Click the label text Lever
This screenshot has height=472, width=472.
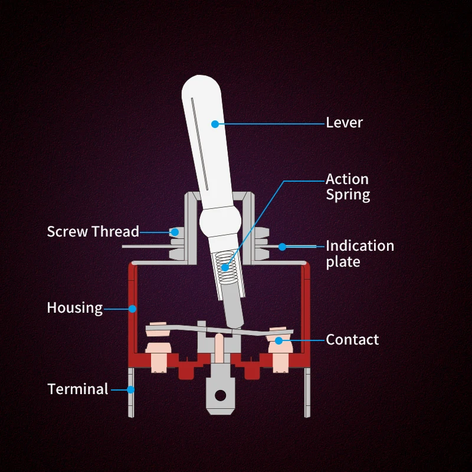coord(344,123)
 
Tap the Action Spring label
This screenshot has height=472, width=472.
coord(348,186)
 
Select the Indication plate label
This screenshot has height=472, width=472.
coord(359,253)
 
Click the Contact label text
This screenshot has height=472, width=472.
coord(352,339)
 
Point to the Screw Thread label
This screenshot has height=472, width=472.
coord(93,231)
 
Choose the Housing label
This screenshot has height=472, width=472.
coord(74,307)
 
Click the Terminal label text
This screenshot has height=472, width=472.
coord(78,389)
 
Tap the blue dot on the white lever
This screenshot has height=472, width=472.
coord(215,124)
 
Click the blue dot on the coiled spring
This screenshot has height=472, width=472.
coord(225,267)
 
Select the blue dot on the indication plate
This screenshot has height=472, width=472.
coord(283,246)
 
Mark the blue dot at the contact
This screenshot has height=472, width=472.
coord(278,340)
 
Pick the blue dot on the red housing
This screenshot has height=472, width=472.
coord(133,308)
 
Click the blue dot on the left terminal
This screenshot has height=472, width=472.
coord(131,389)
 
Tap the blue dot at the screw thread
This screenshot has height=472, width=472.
coord(174,232)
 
